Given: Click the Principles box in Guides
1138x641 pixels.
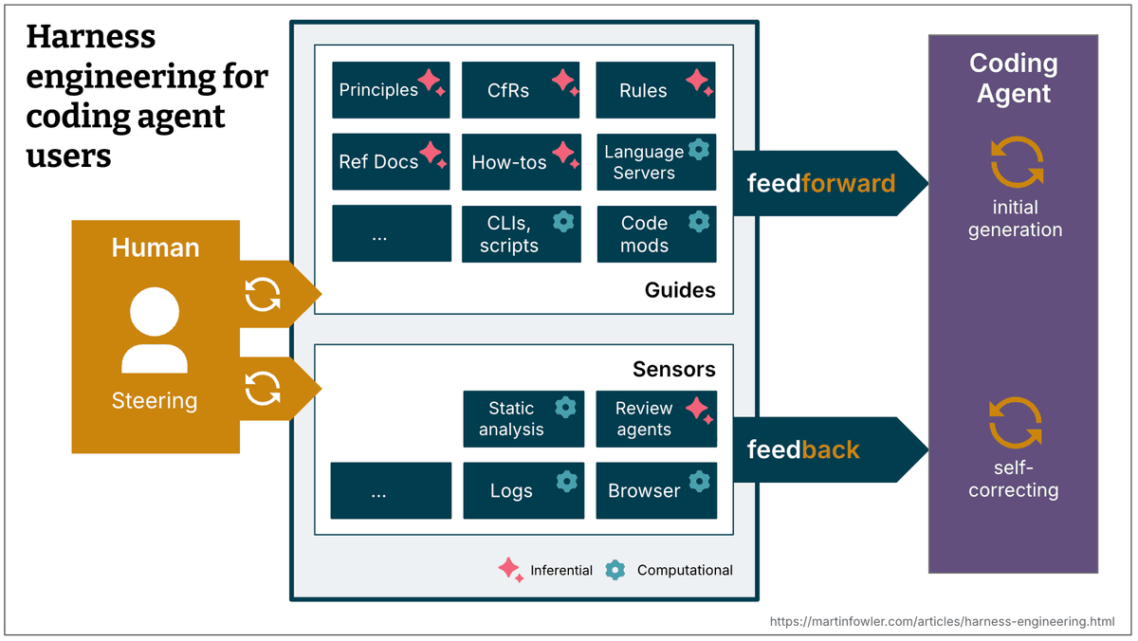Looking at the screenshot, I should coord(391,90).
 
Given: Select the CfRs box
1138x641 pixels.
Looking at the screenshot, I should coord(521,90).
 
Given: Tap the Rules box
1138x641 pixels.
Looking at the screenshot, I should coord(655,90).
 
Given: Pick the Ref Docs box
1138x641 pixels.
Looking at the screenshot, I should coord(391,162).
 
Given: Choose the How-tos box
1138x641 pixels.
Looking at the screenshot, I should coord(521,162).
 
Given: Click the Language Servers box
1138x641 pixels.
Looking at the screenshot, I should coord(655,162).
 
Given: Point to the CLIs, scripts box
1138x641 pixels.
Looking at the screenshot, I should coord(521,234).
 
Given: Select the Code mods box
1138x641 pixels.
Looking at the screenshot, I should coord(655,234).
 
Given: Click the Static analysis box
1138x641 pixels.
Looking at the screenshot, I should coord(523,419).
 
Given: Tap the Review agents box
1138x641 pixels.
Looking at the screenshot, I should coord(655,419).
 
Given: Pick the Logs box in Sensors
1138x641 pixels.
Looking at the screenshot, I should coord(523,491).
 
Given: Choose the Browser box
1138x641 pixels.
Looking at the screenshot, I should coord(655,491).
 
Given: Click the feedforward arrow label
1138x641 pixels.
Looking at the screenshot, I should coord(820,183).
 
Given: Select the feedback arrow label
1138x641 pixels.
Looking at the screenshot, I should coord(803,449).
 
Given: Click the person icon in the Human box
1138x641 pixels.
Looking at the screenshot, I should coord(155,331).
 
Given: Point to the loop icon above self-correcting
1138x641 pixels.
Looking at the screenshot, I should coord(1015,423).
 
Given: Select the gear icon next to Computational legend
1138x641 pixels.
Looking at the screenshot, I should coord(615,570).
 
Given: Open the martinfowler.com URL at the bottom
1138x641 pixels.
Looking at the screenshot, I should coord(942,621).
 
